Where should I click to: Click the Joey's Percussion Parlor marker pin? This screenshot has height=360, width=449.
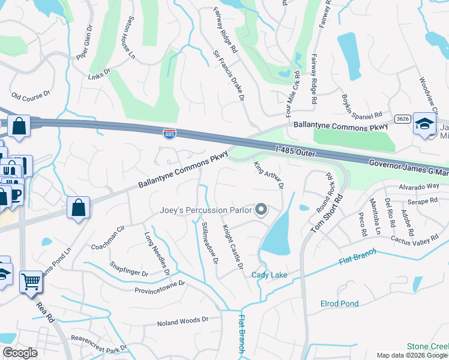tap(261, 210)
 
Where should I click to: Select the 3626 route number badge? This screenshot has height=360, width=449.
tap(403, 119)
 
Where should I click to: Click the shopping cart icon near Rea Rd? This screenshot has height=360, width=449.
tap(31, 281)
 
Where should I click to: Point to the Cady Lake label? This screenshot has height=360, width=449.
tap(270, 275)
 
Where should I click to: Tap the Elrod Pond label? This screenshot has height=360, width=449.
tap(339, 304)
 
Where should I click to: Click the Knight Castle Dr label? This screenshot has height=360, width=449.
tap(233, 247)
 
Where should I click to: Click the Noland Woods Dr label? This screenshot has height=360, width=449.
tap(182, 322)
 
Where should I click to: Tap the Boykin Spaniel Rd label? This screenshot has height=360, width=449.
tap(362, 106)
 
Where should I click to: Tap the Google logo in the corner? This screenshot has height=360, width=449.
tap(19, 353)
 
